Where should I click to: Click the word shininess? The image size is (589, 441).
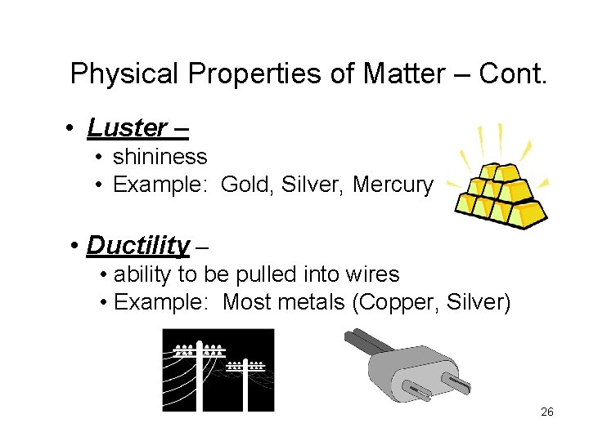coord(160,156)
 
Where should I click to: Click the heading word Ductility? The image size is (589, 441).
coord(138,245)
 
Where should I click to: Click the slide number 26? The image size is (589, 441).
coord(547,412)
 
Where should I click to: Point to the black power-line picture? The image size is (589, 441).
coord(218,369)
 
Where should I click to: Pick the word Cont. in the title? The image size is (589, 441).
coord(512,74)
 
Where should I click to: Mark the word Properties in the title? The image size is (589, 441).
coord(254,74)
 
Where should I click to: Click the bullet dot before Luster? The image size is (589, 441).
coord(73,129)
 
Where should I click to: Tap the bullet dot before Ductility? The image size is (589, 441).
coord(74,246)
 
